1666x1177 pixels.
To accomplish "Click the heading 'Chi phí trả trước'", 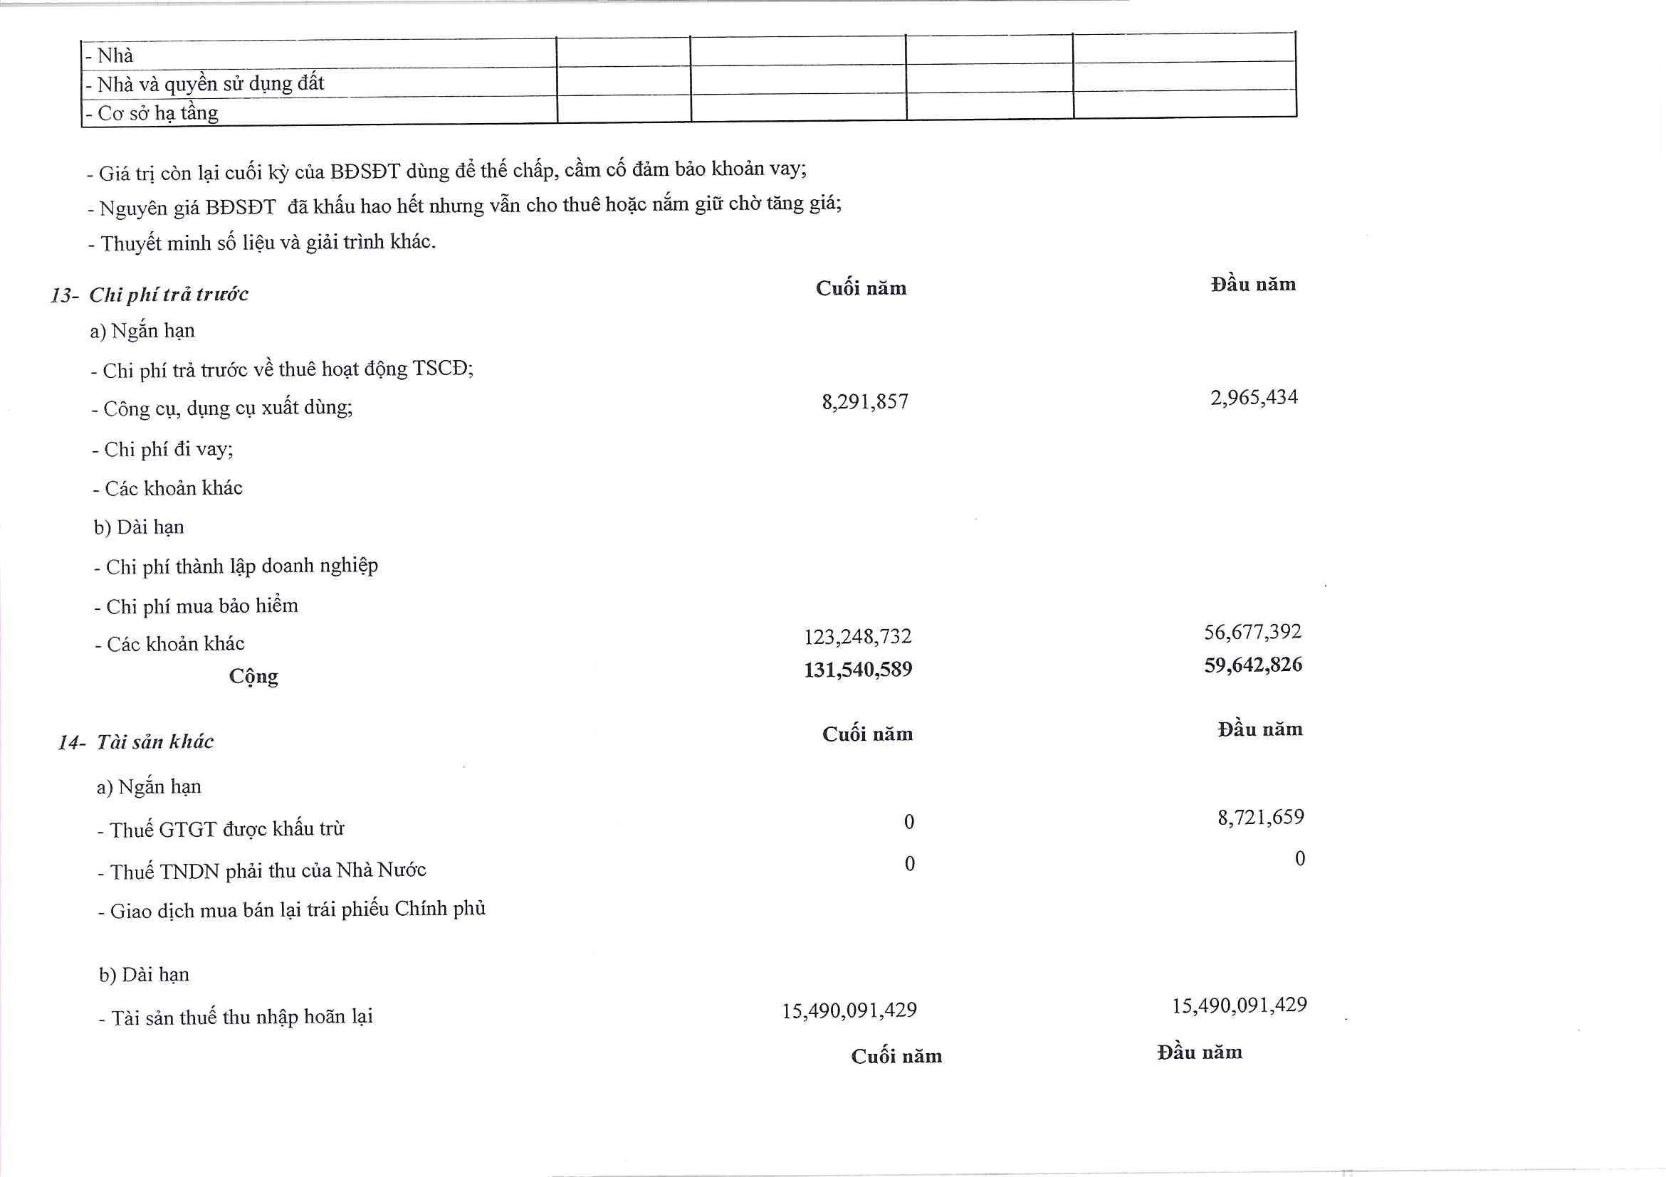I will click(168, 295).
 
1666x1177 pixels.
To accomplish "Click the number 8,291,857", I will click(864, 401).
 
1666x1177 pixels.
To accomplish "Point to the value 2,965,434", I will click(1253, 397).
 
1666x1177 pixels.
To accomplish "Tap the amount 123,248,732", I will click(857, 636).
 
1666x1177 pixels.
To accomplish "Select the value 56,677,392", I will click(1252, 632).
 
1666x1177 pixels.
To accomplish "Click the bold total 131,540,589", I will click(857, 669).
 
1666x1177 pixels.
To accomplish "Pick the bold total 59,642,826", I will click(1252, 664).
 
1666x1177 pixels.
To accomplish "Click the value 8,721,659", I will click(1260, 818).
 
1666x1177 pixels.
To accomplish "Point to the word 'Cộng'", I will click(253, 676).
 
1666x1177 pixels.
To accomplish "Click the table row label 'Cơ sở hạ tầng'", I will click(157, 113).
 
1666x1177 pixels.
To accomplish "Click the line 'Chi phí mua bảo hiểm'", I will click(201, 606).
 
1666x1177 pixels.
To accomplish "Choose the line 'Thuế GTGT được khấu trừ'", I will click(226, 829).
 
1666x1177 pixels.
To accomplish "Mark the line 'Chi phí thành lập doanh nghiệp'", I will click(241, 566).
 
